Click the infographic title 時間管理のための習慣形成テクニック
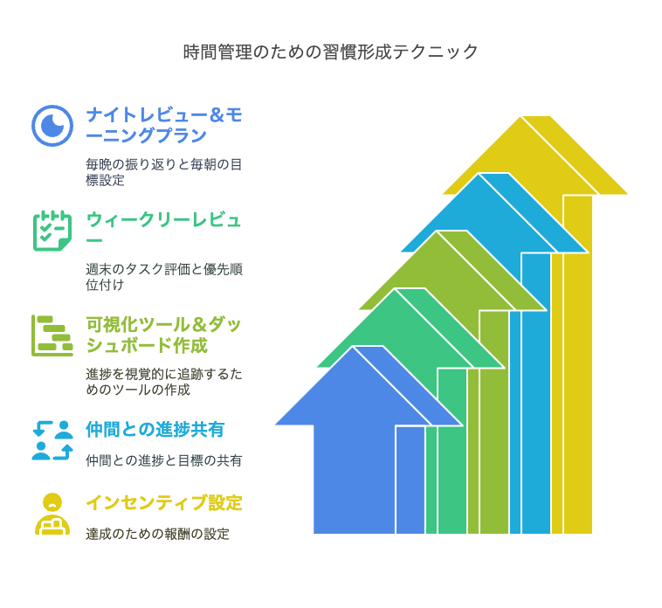coord(331,52)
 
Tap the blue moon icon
coord(52,126)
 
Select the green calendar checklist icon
coord(52,231)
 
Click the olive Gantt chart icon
coord(52,335)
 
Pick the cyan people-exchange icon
coord(52,440)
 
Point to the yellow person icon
coord(52,514)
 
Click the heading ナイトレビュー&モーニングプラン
coord(164,125)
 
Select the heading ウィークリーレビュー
coord(163,230)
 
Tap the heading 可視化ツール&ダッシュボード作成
coord(164,335)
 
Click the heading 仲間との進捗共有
coord(155,430)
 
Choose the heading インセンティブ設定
coord(164,503)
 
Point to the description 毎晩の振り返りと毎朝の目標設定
coord(164,172)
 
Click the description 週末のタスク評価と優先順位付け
coord(164,277)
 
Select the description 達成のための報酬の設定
coord(157,534)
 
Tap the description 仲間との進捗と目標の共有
coord(164,460)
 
